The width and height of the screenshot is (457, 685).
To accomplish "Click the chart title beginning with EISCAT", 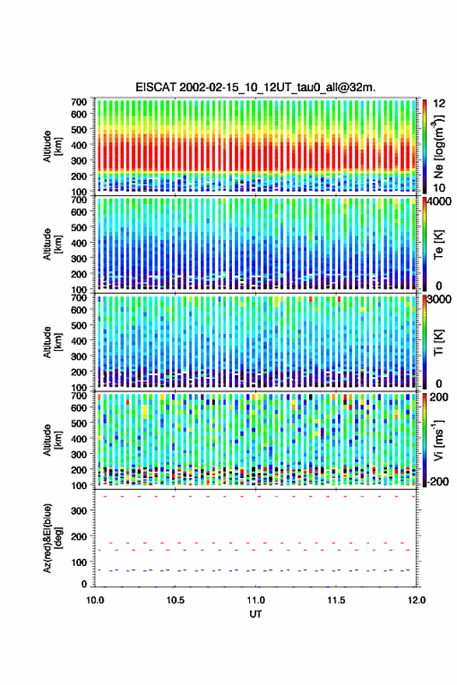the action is point(255,87).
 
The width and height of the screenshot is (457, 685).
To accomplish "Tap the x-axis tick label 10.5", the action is point(175,600).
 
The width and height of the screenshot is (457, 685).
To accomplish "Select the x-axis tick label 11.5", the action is point(336,600).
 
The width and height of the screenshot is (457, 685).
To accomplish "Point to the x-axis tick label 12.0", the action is point(417,600).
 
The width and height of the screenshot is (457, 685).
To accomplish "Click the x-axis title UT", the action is point(255,614).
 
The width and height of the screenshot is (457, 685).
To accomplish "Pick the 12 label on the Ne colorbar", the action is point(439,104).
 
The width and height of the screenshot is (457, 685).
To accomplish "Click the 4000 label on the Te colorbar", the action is point(440,202).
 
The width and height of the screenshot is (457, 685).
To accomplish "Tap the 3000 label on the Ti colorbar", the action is point(440,299).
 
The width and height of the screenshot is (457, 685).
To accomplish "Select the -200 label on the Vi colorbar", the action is point(438,481).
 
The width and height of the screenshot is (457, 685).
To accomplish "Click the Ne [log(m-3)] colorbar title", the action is point(438,146).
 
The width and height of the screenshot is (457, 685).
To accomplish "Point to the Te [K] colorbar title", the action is point(438,244).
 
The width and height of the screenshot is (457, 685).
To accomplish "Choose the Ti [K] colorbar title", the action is point(438,342).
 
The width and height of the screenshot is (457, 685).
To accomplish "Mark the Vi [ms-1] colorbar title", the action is point(438,440).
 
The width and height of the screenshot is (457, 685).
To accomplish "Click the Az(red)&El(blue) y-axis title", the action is point(52,538).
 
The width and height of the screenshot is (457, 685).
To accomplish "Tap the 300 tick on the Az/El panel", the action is point(79,511).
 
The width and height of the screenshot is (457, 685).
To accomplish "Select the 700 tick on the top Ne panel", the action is point(79,102).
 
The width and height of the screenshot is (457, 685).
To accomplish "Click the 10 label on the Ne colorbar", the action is point(439,188).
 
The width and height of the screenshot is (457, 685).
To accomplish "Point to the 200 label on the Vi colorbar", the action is point(439,397).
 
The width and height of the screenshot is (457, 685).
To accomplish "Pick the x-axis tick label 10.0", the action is point(95,600).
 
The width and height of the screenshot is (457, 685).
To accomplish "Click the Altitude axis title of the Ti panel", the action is point(52,342).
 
